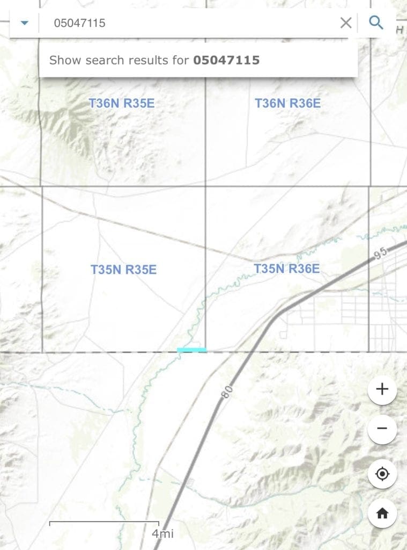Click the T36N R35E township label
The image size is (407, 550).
tap(121, 103)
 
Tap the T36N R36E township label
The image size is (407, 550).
tap(287, 103)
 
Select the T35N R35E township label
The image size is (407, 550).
tap(123, 270)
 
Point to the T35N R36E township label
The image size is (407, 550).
tap(286, 268)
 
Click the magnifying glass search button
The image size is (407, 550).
tap(376, 23)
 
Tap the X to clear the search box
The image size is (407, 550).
tap(346, 23)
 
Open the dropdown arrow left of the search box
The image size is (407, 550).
tap(24, 23)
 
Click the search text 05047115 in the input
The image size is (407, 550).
tap(79, 23)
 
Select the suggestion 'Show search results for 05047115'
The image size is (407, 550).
tap(154, 60)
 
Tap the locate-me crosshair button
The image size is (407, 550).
tap(382, 474)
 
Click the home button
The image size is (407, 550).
tap(382, 513)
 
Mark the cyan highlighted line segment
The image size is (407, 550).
tap(191, 350)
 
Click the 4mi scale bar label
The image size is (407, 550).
tap(162, 534)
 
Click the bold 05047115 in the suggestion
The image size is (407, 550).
tap(226, 60)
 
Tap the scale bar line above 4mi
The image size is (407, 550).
tap(104, 522)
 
